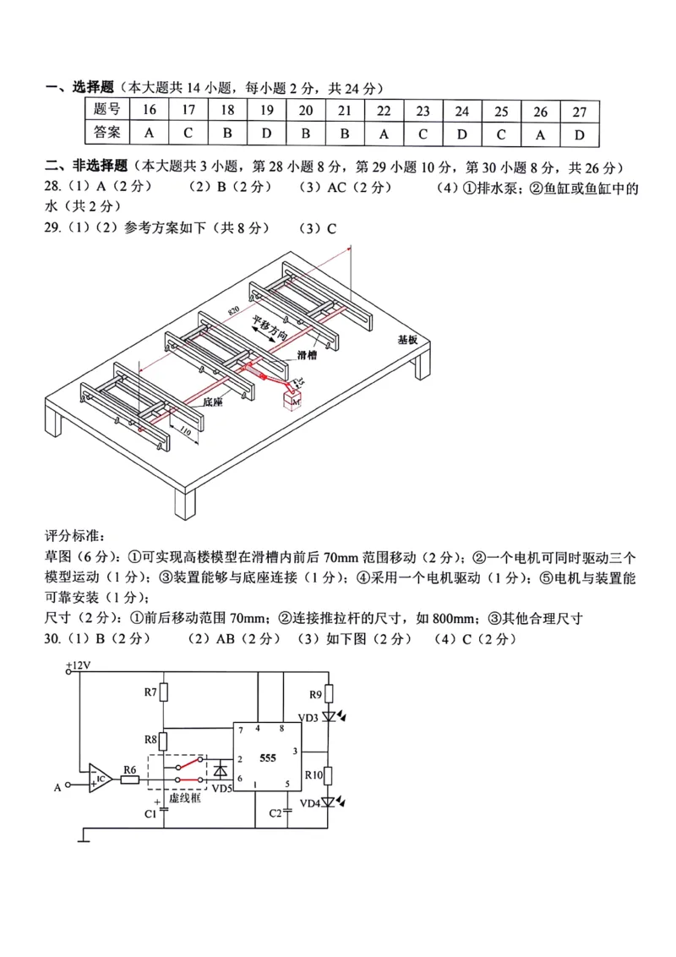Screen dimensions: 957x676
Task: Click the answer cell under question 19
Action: pyautogui.click(x=266, y=133)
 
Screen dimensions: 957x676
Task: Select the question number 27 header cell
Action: pyautogui.click(x=579, y=111)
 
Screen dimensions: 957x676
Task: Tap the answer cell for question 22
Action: pyautogui.click(x=384, y=133)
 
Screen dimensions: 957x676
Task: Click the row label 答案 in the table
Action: pyautogui.click(x=107, y=133)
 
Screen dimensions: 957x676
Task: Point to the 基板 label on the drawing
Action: pyautogui.click(x=408, y=340)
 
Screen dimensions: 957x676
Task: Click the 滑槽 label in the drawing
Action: pyautogui.click(x=308, y=356)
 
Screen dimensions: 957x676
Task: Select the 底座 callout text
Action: pyautogui.click(x=212, y=403)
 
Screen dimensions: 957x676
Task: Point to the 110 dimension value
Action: pyautogui.click(x=183, y=435)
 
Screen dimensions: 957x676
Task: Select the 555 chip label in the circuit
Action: pyautogui.click(x=268, y=758)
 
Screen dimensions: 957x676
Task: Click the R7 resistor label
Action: pyautogui.click(x=150, y=693)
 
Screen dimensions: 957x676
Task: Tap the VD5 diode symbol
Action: pyautogui.click(x=221, y=770)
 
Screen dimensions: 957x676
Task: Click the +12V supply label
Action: pyautogui.click(x=78, y=666)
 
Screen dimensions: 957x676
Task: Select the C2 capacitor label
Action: pyautogui.click(x=275, y=812)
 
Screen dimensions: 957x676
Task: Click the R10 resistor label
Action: pyautogui.click(x=314, y=774)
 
